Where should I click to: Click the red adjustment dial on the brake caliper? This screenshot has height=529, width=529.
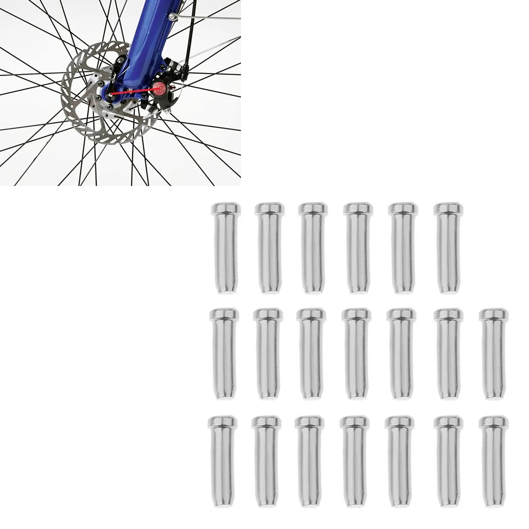[x=159, y=87]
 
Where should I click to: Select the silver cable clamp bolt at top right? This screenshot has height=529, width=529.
[x=173, y=17]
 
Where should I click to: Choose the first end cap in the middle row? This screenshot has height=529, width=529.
[x=225, y=354]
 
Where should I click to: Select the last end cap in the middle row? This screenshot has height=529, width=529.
[x=494, y=354]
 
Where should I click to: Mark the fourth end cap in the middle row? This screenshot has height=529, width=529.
[x=356, y=354]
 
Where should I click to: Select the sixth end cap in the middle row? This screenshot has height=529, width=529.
[x=448, y=354]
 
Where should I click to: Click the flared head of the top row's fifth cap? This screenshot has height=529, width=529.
[x=403, y=209]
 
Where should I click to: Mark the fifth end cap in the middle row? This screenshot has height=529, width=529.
[x=402, y=354]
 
